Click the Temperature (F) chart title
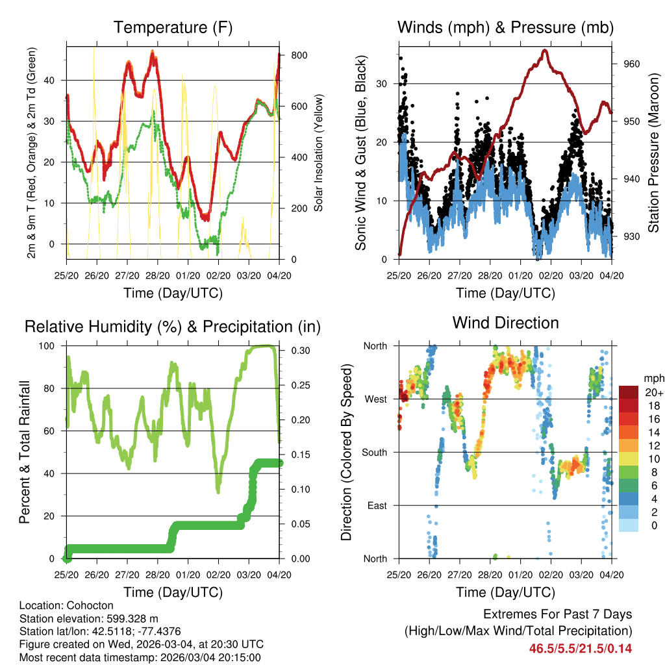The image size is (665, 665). [x=173, y=27]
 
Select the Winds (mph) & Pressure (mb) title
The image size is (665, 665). [x=505, y=27]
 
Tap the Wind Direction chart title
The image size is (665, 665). [x=505, y=322]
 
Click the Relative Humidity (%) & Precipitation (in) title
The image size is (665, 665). [x=173, y=326]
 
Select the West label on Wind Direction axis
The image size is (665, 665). [x=375, y=399]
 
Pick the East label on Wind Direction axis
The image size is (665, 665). [x=377, y=505]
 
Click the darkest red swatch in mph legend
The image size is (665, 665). [x=629, y=392]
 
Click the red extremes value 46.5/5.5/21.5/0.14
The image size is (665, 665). [x=581, y=648]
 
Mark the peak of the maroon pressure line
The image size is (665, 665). [x=544, y=50]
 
